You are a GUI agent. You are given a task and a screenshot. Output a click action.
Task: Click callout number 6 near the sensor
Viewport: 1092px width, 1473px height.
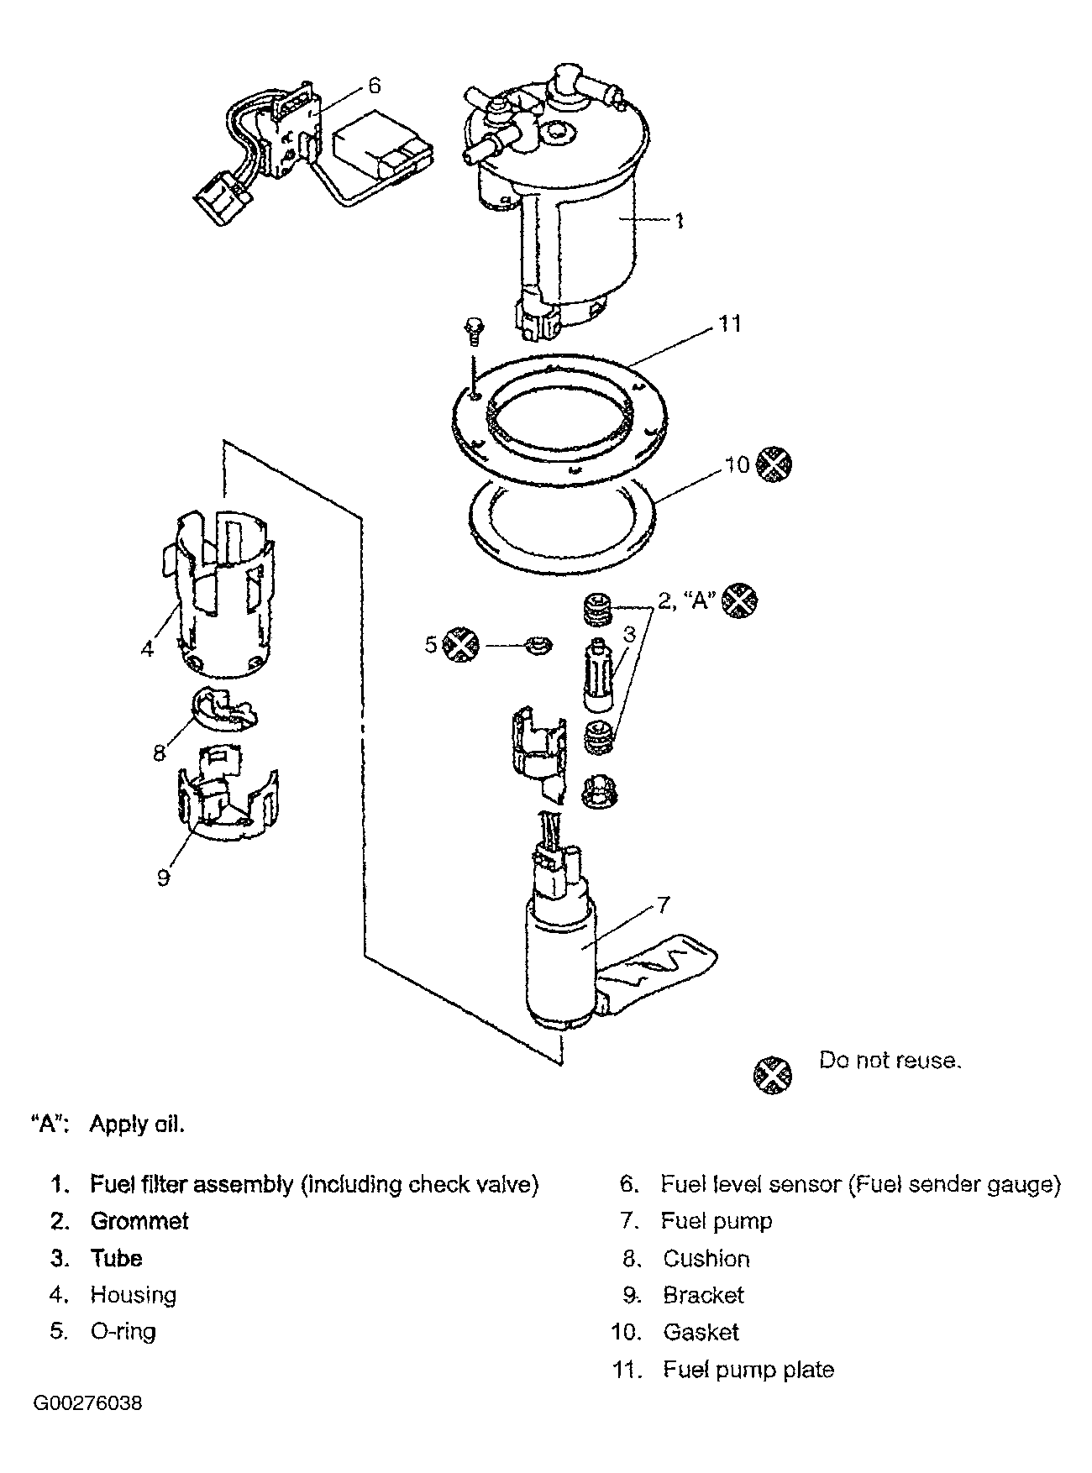375,86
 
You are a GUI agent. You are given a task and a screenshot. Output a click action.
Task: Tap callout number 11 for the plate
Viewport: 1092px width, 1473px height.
730,323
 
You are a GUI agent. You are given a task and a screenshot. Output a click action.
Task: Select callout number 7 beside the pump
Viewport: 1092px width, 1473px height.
663,904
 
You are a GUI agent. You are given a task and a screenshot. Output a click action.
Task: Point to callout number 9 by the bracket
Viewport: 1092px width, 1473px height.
163,878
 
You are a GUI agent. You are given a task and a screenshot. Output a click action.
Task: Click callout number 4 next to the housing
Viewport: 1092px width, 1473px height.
148,648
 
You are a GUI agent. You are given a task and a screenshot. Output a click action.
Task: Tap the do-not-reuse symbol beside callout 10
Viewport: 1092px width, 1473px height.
774,464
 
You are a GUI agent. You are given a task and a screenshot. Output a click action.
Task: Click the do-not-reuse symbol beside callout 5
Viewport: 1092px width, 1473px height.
460,645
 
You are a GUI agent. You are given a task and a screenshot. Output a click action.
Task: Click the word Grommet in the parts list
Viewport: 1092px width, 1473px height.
139,1221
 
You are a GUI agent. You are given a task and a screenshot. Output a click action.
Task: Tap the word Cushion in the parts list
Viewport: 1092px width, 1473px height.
706,1258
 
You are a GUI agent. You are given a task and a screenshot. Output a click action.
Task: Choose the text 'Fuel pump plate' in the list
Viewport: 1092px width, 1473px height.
748,1370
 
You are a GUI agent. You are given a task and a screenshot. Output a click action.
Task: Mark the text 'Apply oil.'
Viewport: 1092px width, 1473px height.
137,1124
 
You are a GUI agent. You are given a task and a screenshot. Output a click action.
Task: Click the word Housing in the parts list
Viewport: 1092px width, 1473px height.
134,1295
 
